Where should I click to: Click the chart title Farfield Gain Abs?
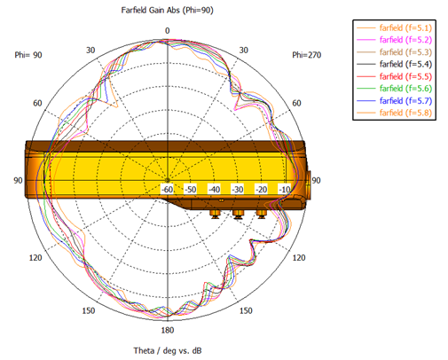point(150,11)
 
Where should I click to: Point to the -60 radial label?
point(168,189)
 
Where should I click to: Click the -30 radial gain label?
point(238,189)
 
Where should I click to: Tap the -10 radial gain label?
point(285,189)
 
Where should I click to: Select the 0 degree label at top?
point(168,31)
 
